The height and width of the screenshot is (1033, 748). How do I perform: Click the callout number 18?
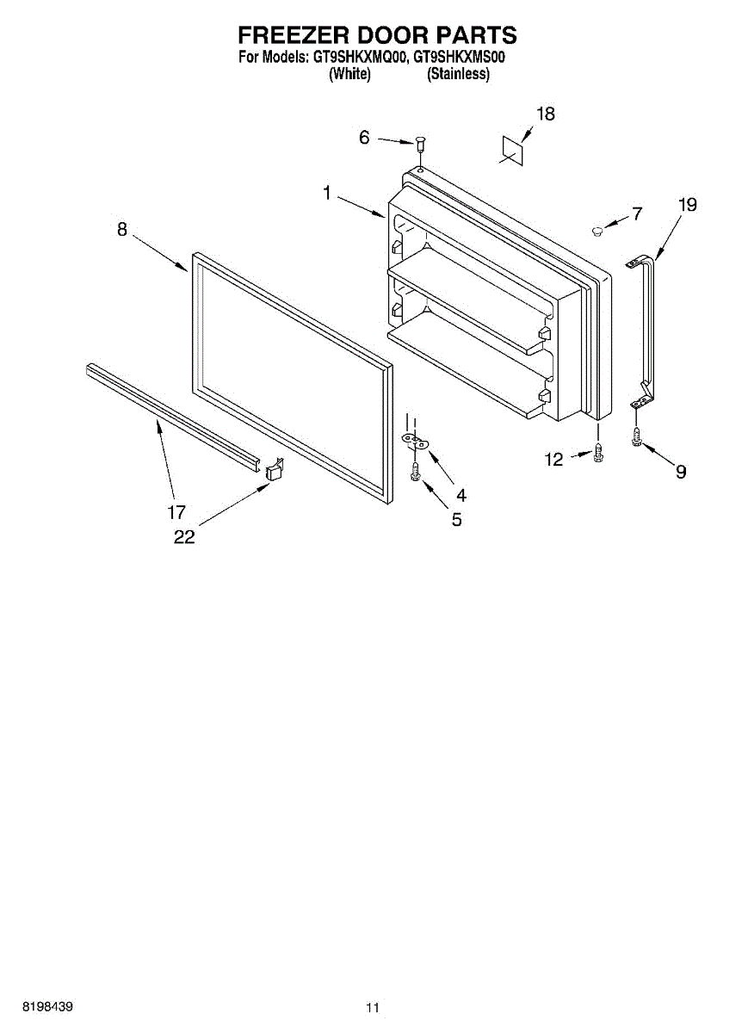point(546,114)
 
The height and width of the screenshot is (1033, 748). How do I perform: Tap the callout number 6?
point(364,137)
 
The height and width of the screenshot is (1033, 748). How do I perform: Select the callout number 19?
point(687,205)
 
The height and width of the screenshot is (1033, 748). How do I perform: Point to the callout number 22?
point(184,536)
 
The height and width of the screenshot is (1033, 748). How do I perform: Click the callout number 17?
point(176,513)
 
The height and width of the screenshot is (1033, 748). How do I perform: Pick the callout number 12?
point(553,461)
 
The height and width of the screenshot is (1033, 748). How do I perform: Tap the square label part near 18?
point(512,148)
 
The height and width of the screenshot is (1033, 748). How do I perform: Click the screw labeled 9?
point(636,436)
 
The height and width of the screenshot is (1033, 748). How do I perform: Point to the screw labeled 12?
point(597,452)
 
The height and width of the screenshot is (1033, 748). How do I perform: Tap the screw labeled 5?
point(415,472)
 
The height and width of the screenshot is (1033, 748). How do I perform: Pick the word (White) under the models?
point(349,74)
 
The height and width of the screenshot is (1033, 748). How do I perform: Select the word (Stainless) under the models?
point(459,74)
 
